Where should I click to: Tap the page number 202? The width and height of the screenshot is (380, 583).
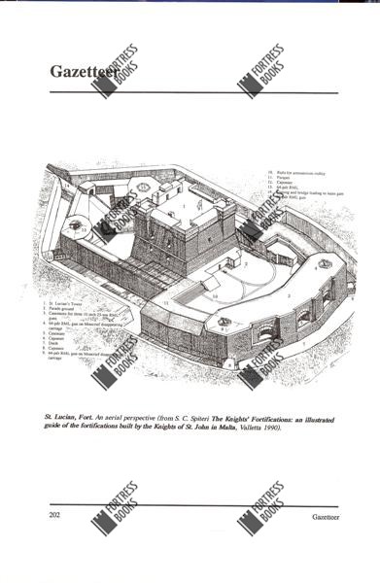pos(54,515)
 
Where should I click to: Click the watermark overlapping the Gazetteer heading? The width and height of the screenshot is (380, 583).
pos(116,72)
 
